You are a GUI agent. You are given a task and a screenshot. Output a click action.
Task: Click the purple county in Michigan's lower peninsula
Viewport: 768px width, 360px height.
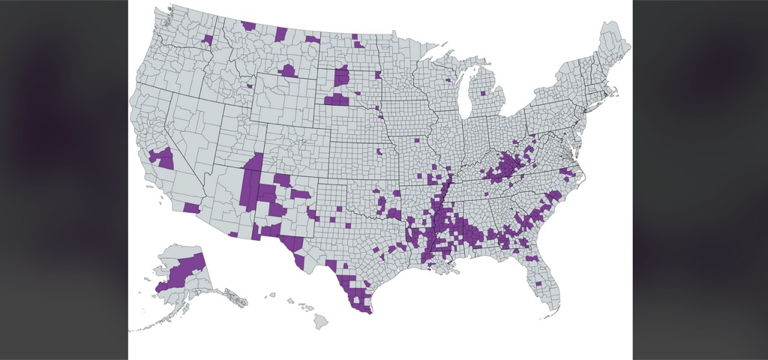pos(482,93)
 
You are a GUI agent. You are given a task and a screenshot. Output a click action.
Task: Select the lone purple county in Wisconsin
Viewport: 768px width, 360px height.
pos(448,79)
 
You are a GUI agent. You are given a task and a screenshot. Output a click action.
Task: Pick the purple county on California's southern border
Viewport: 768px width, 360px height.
pos(191,208)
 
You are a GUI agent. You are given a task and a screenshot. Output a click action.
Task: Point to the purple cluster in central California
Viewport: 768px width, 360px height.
pos(161,157)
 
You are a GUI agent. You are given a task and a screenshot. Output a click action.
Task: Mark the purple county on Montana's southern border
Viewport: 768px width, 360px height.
pos(288,71)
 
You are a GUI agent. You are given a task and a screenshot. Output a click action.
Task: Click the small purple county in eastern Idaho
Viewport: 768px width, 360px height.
pos(249,86)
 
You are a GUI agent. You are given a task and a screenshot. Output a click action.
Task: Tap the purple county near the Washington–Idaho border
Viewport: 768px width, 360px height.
pos(208,38)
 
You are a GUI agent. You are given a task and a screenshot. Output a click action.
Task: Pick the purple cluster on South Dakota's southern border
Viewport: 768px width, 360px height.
pos(337,100)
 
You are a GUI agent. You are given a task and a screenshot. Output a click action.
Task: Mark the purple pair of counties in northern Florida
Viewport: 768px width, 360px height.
pos(532,259)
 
